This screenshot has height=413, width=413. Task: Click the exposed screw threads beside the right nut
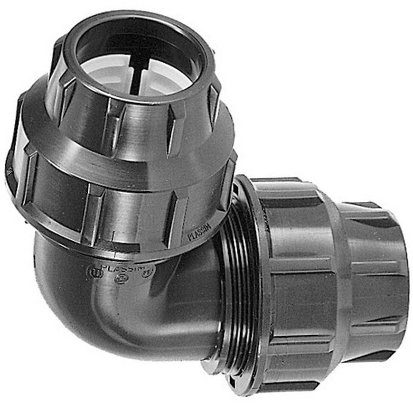(242, 285)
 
